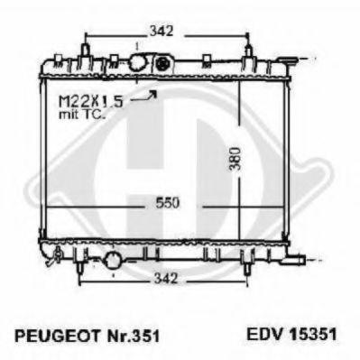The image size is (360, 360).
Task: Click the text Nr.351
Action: (x=125, y=333)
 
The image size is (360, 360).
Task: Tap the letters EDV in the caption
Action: (x=262, y=333)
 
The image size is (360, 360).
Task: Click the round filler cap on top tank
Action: (x=140, y=63)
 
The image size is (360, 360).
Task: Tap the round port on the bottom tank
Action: (x=113, y=261)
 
